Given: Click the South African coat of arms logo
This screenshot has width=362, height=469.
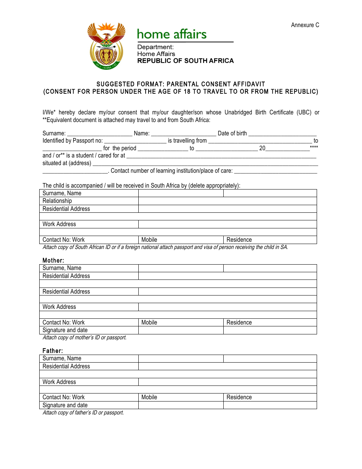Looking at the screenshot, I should (x=106, y=46).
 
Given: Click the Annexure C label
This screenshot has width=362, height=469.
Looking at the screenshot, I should (x=305, y=25).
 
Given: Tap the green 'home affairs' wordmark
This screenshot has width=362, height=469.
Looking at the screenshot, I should (x=171, y=34).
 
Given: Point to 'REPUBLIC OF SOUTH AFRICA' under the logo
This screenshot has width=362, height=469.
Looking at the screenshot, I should (x=185, y=61).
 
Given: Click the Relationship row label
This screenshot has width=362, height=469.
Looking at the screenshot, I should (x=57, y=201).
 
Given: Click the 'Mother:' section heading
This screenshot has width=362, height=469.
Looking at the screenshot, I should (x=53, y=260).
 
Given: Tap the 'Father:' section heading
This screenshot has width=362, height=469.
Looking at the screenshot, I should (x=52, y=351).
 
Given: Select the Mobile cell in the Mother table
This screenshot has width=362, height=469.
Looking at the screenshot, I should (x=181, y=323).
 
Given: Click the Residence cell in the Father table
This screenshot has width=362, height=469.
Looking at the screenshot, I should (x=270, y=397).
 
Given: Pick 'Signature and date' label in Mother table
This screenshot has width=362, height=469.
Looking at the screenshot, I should (x=65, y=330).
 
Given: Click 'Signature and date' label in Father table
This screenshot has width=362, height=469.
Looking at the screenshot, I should (x=65, y=405).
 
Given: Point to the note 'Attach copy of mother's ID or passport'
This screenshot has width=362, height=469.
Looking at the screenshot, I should (x=84, y=337).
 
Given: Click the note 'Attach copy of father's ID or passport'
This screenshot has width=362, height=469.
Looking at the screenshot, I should (x=83, y=413).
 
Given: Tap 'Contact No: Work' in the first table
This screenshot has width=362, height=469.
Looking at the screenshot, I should (x=64, y=240).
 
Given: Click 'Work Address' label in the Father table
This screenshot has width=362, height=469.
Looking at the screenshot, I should (x=59, y=382).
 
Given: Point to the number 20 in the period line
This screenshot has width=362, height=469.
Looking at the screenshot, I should (x=262, y=148).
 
